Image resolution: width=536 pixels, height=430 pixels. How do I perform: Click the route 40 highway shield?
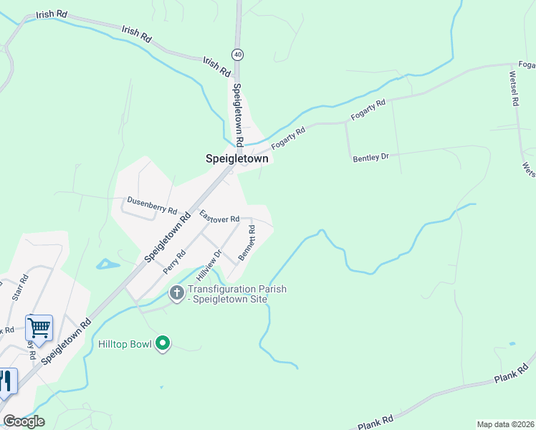237,54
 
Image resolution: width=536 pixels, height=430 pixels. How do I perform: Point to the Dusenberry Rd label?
152,206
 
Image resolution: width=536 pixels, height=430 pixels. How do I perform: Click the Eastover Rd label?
219,216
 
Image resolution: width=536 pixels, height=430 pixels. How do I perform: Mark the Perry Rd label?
174,262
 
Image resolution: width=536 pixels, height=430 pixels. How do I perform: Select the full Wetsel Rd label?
514,88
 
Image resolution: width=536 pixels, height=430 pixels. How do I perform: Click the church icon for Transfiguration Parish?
176,292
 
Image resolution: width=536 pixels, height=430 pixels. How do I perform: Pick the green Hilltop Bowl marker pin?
163,344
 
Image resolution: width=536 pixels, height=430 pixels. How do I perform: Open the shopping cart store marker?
39,328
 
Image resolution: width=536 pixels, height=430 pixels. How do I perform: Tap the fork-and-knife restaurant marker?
6,381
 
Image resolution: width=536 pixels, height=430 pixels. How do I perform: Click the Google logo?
24,421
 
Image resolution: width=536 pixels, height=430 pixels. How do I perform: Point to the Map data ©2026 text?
504,424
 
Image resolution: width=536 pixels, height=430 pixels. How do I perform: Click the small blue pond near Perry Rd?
107,264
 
